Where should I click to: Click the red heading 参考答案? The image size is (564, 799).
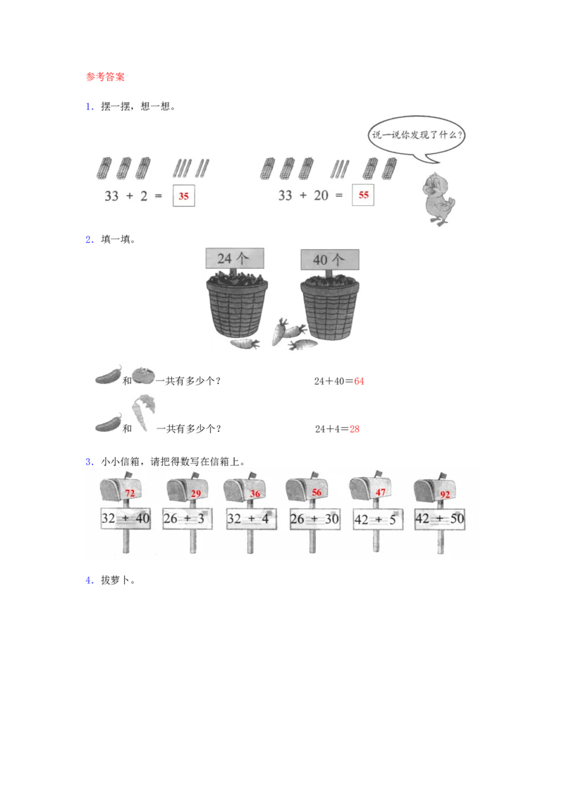(x=105, y=77)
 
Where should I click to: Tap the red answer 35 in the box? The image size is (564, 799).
(x=184, y=196)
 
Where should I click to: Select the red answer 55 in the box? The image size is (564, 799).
(x=364, y=196)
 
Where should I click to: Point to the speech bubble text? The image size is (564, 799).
(x=417, y=135)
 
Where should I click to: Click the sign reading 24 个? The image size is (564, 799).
(x=235, y=258)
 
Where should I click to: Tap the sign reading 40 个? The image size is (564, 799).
(x=330, y=260)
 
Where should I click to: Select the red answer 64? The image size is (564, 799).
(x=359, y=381)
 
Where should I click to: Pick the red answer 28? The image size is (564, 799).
(x=355, y=429)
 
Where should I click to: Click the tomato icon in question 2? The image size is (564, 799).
(x=143, y=375)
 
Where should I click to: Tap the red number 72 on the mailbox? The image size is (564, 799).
(x=130, y=493)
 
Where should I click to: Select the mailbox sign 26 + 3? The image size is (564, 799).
(x=188, y=519)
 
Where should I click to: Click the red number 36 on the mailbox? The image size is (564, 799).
(x=255, y=494)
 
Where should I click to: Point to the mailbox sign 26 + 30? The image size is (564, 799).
(x=314, y=519)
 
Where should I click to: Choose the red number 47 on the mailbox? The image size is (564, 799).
(x=380, y=492)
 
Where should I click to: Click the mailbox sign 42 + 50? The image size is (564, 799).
(x=440, y=519)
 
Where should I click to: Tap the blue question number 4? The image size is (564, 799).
(x=89, y=580)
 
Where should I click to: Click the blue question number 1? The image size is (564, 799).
(x=89, y=107)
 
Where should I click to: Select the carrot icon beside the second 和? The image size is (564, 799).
(x=144, y=413)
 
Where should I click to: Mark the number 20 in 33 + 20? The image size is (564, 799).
(x=321, y=196)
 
